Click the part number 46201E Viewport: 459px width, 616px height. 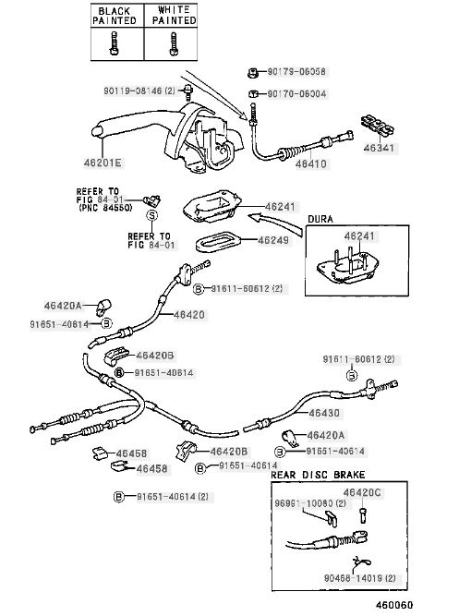[103, 163]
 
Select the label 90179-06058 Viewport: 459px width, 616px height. [296, 72]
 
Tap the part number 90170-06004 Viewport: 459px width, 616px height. [296, 94]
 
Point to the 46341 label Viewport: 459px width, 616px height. [379, 148]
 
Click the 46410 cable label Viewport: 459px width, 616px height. [311, 163]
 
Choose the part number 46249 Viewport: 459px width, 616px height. [273, 240]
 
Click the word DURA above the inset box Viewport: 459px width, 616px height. [320, 219]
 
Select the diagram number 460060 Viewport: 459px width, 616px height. [394, 605]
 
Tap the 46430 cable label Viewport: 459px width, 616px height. [324, 413]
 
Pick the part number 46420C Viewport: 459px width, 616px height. [362, 492]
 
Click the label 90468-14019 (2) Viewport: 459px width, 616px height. [359, 578]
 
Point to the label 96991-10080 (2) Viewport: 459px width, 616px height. [310, 503]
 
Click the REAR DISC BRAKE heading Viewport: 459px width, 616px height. [318, 475]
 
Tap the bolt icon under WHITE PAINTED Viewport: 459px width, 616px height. [173, 43]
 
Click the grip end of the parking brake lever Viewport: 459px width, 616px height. [98, 132]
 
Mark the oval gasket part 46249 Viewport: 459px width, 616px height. [215, 241]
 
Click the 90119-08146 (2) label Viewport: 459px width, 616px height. [139, 91]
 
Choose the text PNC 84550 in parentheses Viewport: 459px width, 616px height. [105, 208]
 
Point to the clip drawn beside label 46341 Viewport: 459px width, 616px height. [378, 127]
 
